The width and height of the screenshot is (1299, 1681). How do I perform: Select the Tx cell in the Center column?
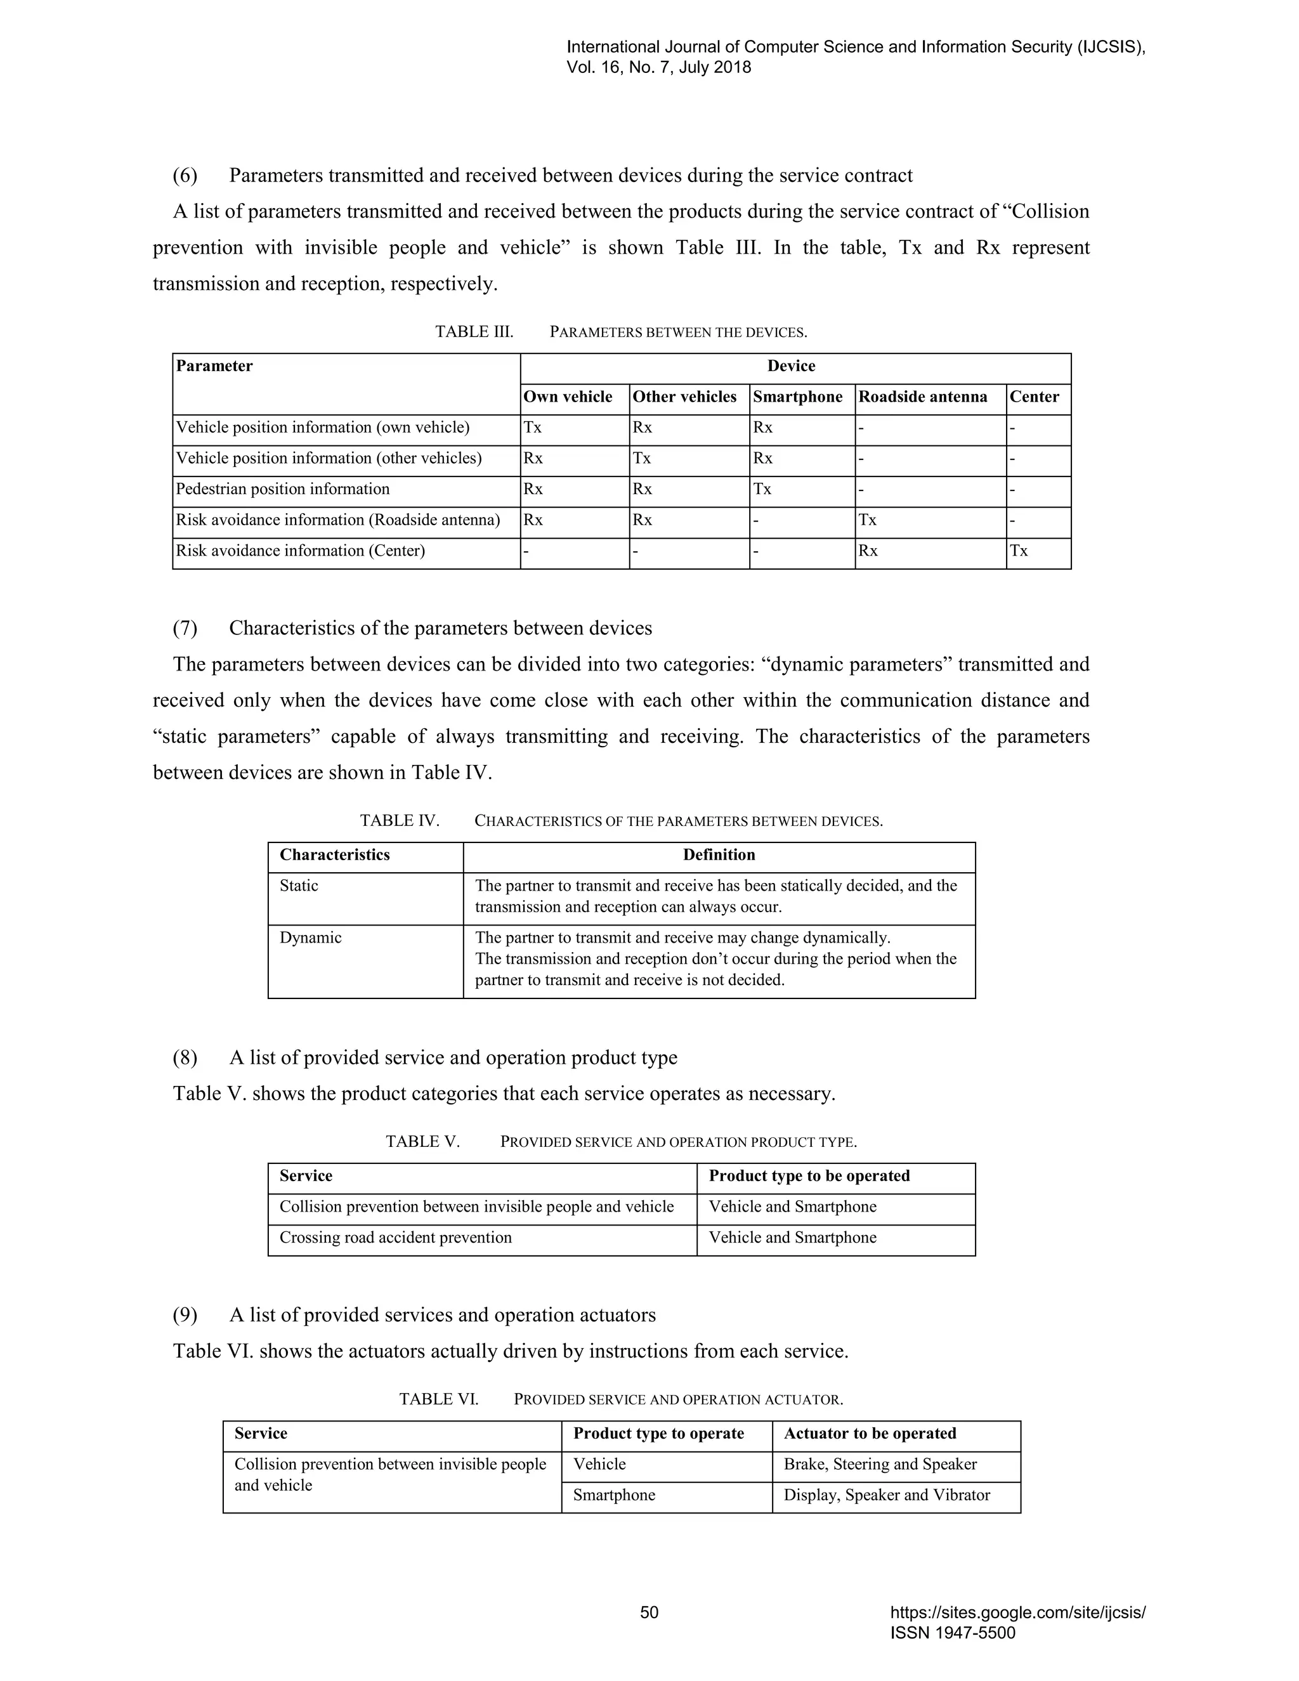click(x=1018, y=551)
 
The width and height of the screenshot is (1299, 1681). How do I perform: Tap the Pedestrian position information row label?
click(x=282, y=490)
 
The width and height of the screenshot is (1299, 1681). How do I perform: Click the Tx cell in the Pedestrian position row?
click(x=762, y=490)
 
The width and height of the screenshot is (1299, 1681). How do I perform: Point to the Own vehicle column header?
click(x=567, y=397)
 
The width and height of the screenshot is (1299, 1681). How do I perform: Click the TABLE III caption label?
click(x=474, y=332)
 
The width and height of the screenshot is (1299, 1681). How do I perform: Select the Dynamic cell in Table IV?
click(x=310, y=938)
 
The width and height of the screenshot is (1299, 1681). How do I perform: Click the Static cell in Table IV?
click(x=299, y=886)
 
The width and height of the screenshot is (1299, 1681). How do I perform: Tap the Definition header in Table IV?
click(x=719, y=855)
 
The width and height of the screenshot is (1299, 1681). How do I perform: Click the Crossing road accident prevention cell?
click(x=396, y=1238)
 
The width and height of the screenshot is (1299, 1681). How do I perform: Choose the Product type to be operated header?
click(x=809, y=1176)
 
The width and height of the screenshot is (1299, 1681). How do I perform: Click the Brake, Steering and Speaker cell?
click(x=880, y=1465)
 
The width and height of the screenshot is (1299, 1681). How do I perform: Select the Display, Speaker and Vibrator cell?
click(x=887, y=1496)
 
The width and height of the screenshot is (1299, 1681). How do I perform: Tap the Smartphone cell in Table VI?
click(x=613, y=1496)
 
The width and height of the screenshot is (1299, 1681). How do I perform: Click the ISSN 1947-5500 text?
click(x=952, y=1633)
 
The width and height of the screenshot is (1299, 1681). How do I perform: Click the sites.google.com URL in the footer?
click(x=1017, y=1613)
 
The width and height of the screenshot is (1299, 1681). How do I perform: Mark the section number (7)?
click(x=185, y=628)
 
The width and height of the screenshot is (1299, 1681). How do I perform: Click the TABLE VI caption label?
click(x=439, y=1399)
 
